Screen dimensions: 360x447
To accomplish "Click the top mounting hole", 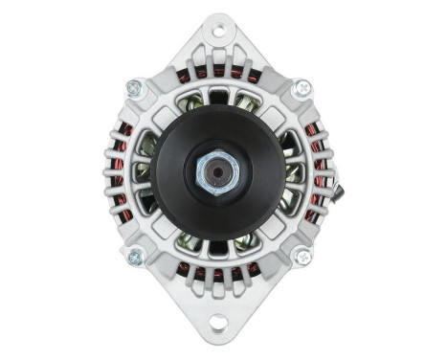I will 219,31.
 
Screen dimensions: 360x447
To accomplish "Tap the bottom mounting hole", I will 219,322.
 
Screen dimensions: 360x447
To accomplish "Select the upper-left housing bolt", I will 134,88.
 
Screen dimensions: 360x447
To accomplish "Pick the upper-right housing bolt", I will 302,88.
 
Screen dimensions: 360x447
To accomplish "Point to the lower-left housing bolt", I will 134,256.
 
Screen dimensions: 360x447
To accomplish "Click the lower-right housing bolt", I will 302,256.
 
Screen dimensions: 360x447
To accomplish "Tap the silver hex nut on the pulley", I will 218,173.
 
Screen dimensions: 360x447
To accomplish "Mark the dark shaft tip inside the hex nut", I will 219,173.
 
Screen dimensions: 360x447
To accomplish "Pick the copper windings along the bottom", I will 218,272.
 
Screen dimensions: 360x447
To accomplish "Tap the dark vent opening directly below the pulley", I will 219,248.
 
